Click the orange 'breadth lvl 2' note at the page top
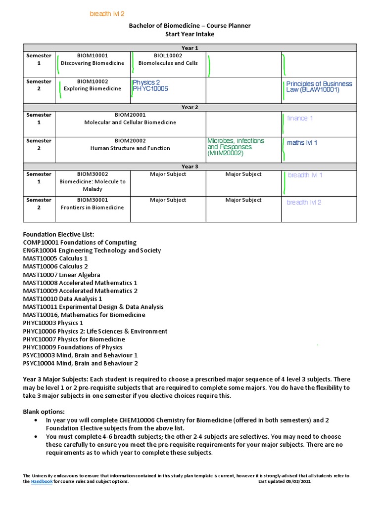107,14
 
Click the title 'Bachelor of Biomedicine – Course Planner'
190,26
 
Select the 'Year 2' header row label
190,107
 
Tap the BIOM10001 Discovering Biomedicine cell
93,59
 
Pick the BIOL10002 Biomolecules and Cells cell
168,59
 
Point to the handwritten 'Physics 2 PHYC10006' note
150,85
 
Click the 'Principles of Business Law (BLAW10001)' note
319,87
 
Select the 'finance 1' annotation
300,119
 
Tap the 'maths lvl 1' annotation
302,143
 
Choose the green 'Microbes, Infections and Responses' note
236,147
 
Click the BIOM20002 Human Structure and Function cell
130,144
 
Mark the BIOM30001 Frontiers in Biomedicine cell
93,204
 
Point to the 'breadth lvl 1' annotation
305,175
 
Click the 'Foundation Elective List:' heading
58,234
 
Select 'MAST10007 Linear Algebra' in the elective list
61,275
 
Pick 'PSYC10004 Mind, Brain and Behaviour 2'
80,363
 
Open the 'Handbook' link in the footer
42,482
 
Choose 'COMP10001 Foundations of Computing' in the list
80,243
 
